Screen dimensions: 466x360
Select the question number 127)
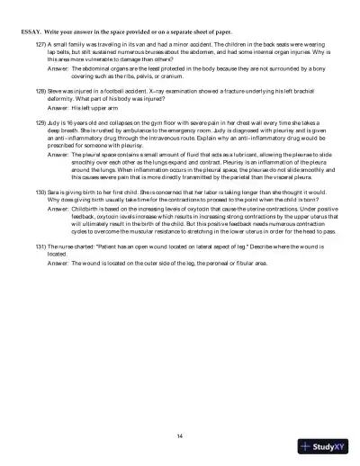pos(41,42)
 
